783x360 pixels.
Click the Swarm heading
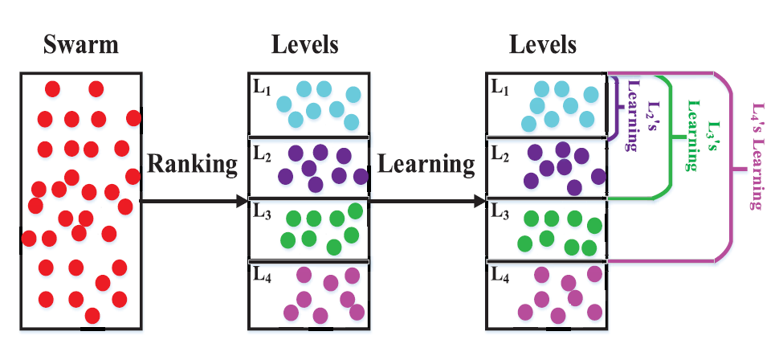tap(80, 44)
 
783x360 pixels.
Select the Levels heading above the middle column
tap(305, 44)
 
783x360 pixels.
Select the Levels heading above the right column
tap(544, 44)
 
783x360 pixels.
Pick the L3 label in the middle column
tap(263, 212)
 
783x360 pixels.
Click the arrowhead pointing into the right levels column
tap(480, 201)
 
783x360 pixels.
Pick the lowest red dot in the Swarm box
tap(92, 314)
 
